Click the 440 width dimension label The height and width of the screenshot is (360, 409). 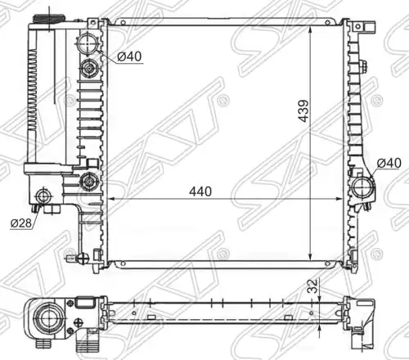[200, 191]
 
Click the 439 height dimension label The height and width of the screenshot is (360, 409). [303, 111]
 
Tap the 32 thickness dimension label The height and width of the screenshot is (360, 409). [314, 286]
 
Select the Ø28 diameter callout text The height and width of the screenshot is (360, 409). [21, 223]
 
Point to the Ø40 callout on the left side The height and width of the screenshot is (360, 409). [129, 56]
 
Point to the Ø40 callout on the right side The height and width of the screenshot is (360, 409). [389, 163]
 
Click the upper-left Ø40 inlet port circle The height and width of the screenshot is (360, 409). [87, 43]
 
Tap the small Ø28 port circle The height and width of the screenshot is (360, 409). [43, 196]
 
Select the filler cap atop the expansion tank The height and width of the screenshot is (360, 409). [49, 19]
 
